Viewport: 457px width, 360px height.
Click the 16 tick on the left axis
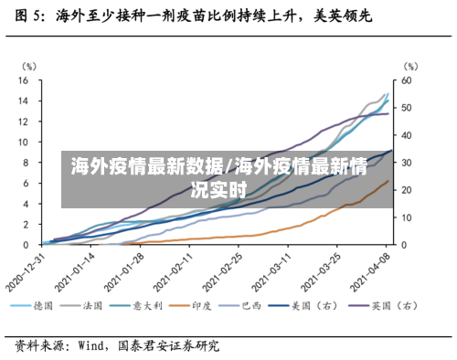pyautogui.click(x=24, y=80)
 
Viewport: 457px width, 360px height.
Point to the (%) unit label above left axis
pyautogui.click(x=29, y=67)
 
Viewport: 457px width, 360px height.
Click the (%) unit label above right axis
pyautogui.click(x=410, y=67)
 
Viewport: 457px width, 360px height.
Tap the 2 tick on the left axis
pyautogui.click(x=27, y=224)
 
